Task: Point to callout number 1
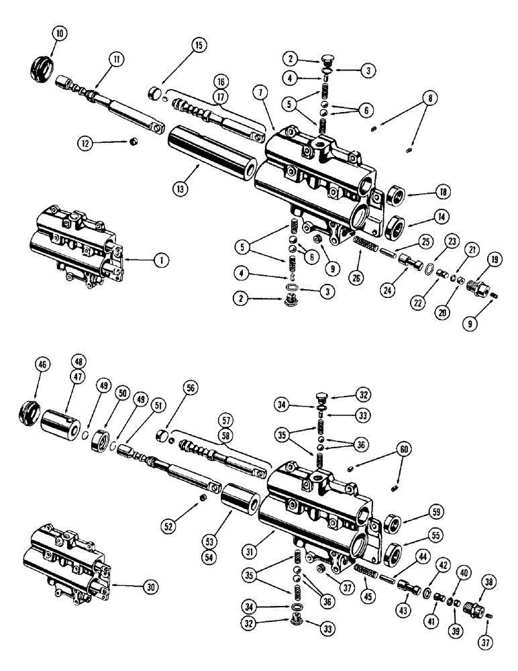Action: (156, 259)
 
